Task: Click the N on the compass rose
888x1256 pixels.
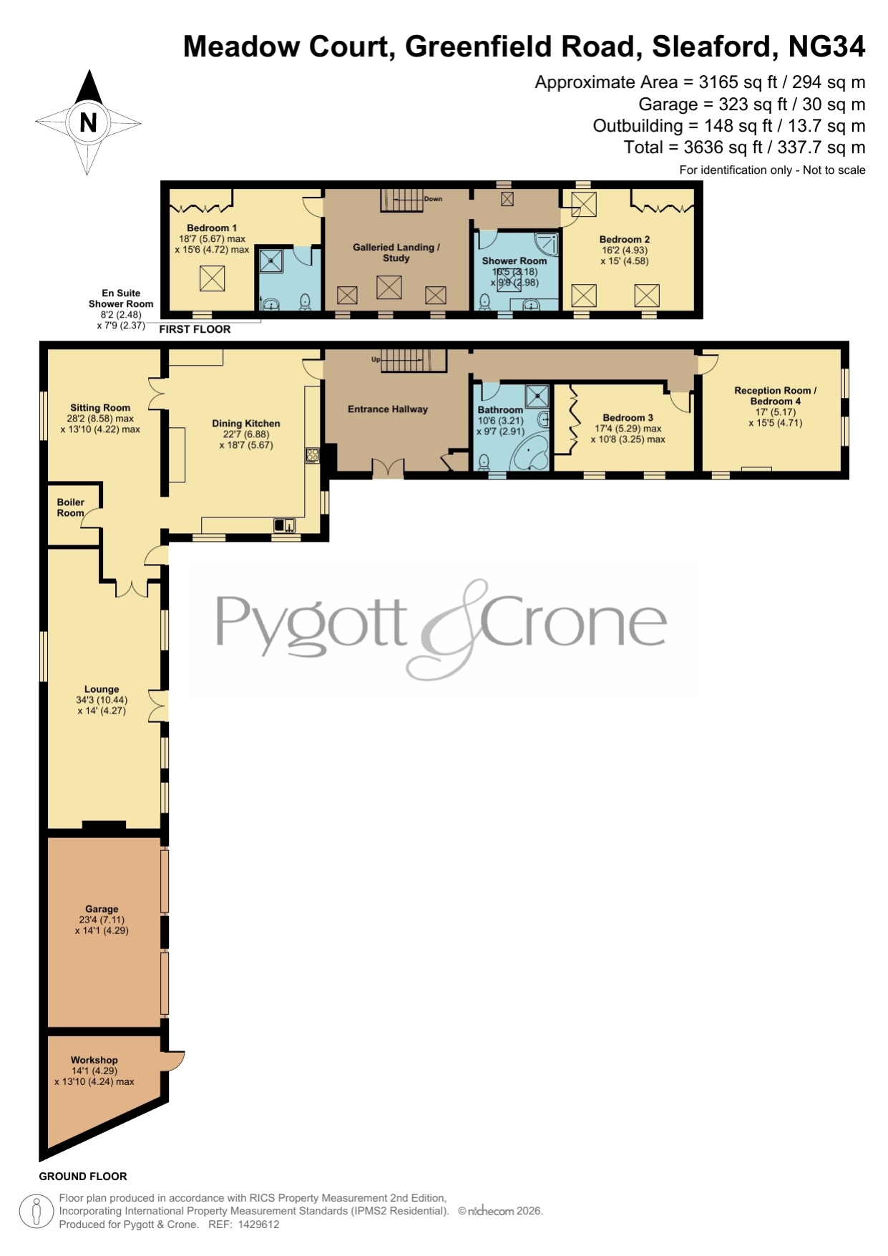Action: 88,123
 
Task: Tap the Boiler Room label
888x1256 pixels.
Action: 71,507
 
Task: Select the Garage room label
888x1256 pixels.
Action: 102,909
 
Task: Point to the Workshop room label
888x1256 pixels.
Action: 94,1060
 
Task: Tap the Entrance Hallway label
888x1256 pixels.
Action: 388,409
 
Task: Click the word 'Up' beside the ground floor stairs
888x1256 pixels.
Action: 376,359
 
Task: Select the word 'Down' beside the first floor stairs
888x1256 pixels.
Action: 434,199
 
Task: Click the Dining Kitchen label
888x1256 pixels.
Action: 246,424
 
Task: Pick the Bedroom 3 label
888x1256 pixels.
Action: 628,418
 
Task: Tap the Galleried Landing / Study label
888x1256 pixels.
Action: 396,253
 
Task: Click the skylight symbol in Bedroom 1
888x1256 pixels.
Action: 212,278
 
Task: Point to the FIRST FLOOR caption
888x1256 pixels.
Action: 195,329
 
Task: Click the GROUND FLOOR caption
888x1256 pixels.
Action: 83,1176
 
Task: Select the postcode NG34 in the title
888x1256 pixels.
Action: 826,47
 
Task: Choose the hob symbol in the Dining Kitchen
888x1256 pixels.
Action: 313,455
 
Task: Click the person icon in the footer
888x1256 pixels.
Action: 35,1212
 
